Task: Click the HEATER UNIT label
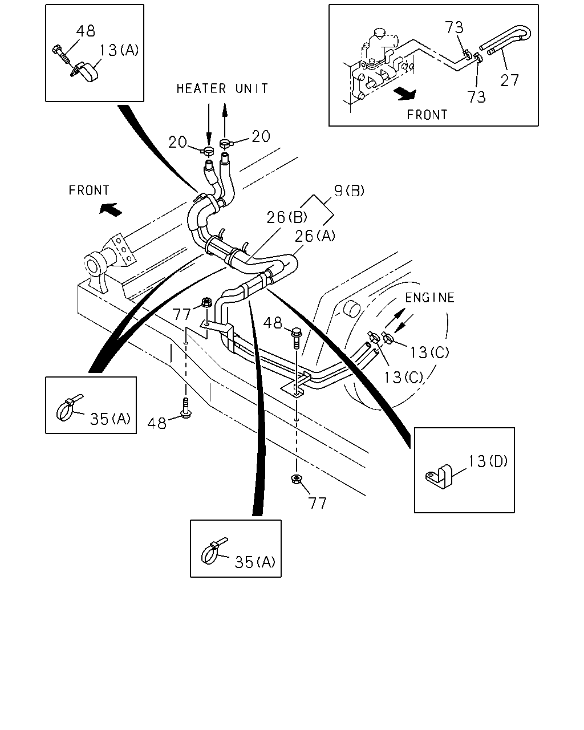click(x=222, y=88)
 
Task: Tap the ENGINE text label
click(x=429, y=298)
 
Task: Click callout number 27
click(x=510, y=80)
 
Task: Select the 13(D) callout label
click(x=488, y=461)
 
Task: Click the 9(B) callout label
click(x=349, y=191)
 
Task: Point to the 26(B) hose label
click(x=287, y=217)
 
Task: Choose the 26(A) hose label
click(x=315, y=236)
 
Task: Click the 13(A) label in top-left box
click(x=119, y=50)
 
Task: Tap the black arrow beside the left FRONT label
click(x=110, y=209)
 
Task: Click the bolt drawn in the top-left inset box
click(x=62, y=54)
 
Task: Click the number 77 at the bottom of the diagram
click(x=317, y=503)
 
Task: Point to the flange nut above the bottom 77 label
click(x=297, y=480)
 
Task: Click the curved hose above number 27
click(x=506, y=39)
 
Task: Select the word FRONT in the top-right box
click(x=427, y=115)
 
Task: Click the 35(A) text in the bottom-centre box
click(x=255, y=562)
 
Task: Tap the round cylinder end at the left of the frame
click(x=92, y=266)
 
